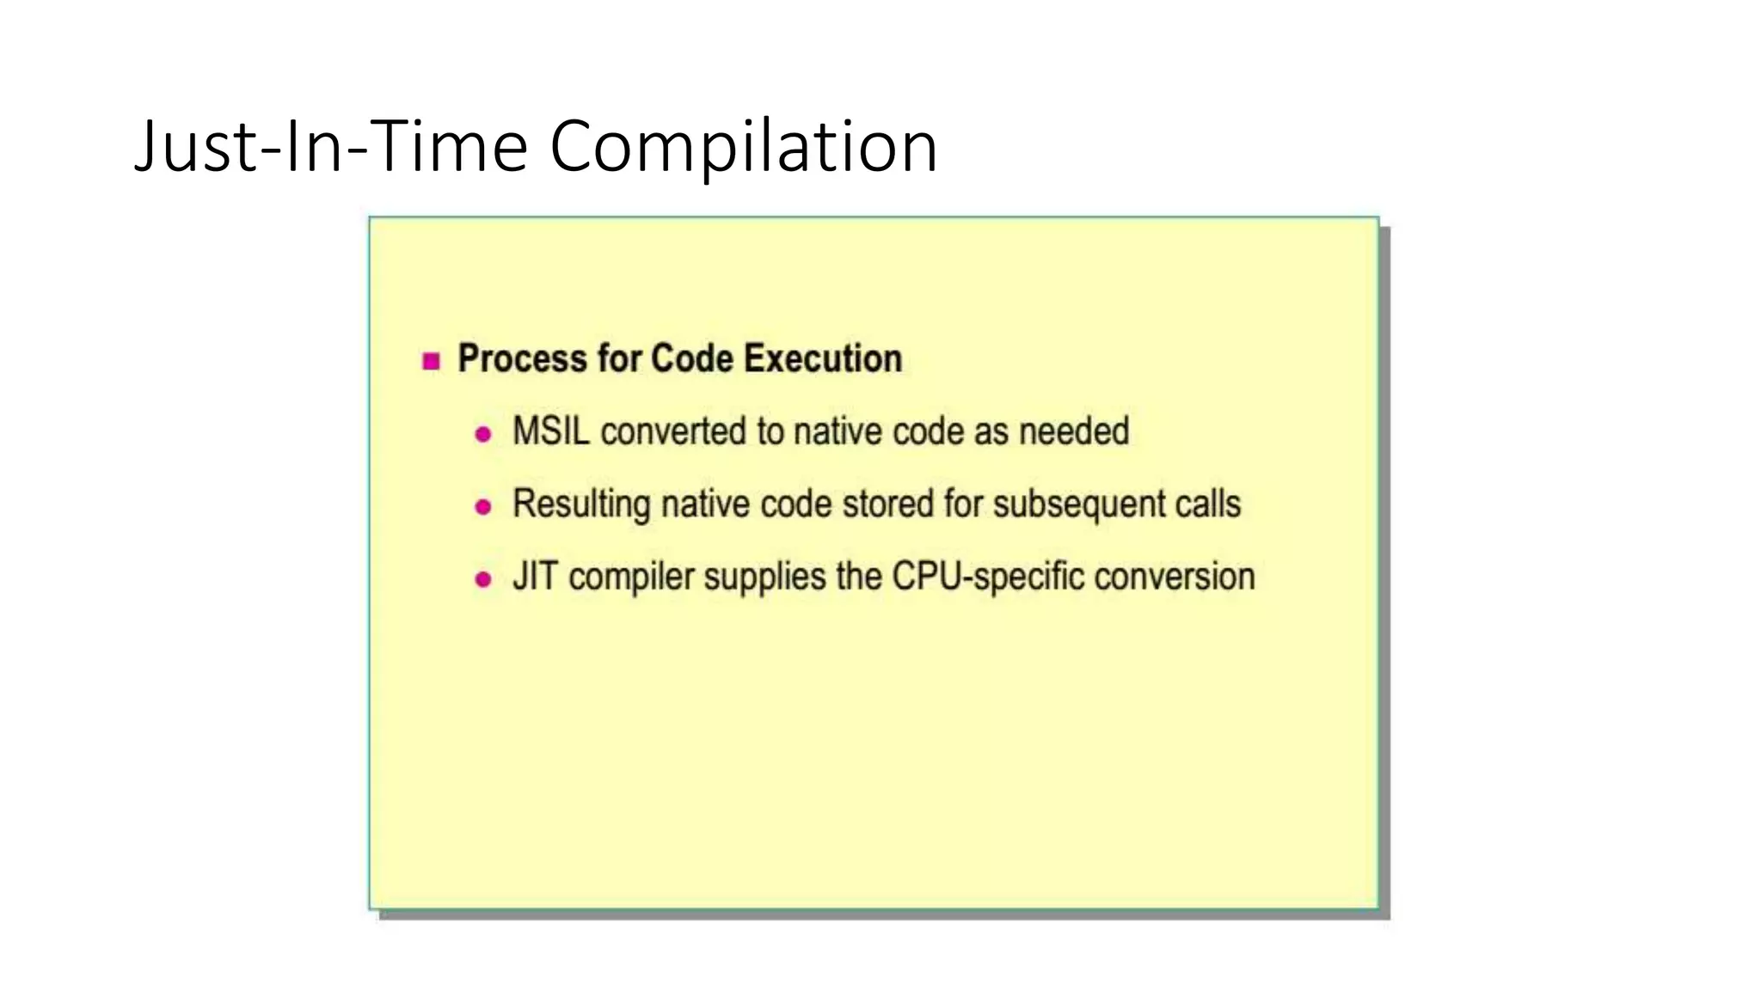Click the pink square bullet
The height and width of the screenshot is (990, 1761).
coord(432,361)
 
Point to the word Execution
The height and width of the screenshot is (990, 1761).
coord(822,358)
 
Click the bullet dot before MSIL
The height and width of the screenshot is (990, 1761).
coord(483,434)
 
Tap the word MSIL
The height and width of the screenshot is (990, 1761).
coord(550,431)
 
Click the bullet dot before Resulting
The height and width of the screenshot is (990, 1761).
coord(483,507)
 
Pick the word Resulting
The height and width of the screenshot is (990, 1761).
coord(580,504)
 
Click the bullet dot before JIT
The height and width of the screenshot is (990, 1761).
coord(483,580)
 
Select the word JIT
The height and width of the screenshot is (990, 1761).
coord(535,577)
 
